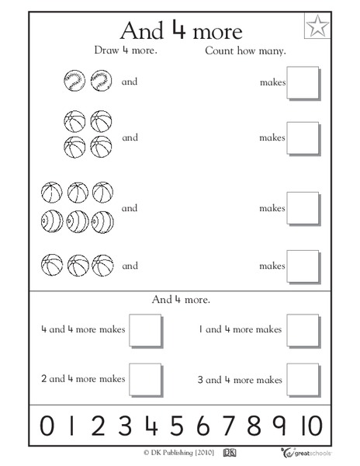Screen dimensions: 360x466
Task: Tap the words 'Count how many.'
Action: (x=246, y=51)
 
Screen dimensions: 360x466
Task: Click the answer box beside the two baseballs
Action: (x=303, y=82)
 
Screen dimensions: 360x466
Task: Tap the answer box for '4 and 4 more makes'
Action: (x=145, y=329)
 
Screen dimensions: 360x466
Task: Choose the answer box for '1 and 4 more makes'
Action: (x=303, y=329)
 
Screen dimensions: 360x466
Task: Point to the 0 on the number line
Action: (x=47, y=426)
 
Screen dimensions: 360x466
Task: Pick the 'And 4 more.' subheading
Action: (x=181, y=298)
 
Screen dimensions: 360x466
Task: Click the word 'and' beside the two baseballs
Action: (x=130, y=80)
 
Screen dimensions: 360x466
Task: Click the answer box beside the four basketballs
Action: (x=303, y=138)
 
